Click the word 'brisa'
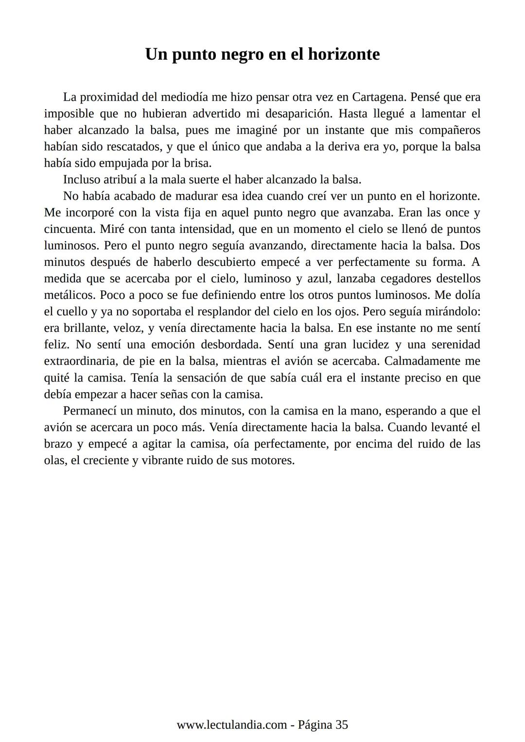pyautogui.click(x=197, y=163)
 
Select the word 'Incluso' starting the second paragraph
pyautogui.click(x=82, y=180)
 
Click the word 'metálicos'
pyautogui.click(x=70, y=295)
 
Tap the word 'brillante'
pyautogui.click(x=86, y=328)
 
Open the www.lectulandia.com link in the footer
pyautogui.click(x=231, y=725)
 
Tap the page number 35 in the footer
pyautogui.click(x=342, y=725)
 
